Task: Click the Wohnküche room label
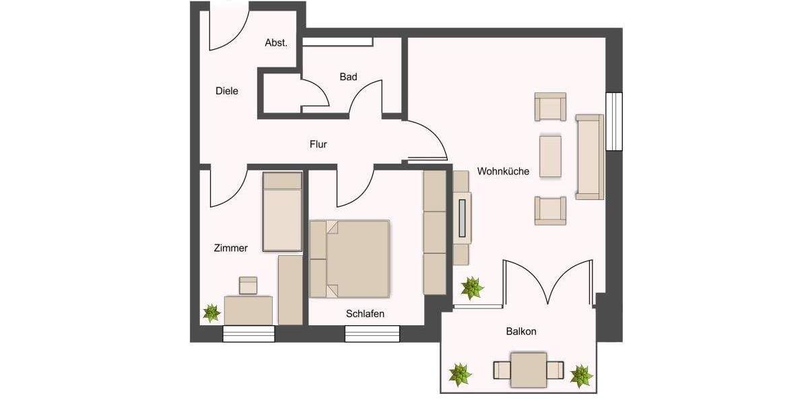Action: [503, 171]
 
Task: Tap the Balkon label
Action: [521, 331]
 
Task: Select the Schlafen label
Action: [365, 314]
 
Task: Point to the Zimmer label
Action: [231, 248]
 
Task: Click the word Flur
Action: [318, 144]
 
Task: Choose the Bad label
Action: [348, 77]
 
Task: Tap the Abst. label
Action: [276, 42]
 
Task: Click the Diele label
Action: [227, 91]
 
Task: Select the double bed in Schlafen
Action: [350, 259]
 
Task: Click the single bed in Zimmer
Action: [282, 212]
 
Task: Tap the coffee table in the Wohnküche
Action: [550, 156]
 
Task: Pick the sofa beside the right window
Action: [589, 157]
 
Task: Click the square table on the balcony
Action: [529, 370]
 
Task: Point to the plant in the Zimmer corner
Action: [211, 312]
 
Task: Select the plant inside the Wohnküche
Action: [472, 288]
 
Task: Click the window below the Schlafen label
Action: [372, 333]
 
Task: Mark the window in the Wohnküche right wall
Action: [613, 121]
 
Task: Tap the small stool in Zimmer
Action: [248, 285]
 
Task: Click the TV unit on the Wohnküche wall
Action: [462, 217]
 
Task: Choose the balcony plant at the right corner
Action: [580, 375]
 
